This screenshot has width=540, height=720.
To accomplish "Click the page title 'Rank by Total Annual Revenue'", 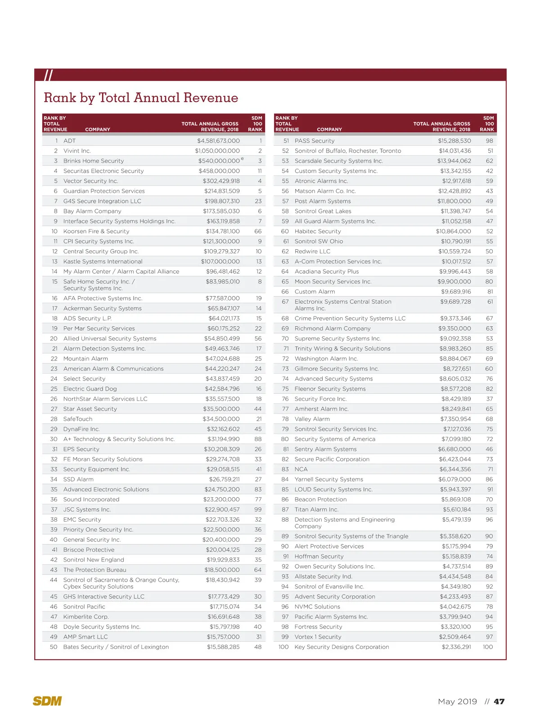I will pyautogui.click(x=141, y=98).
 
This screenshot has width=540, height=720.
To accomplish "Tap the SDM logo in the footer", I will pyautogui.click(x=47, y=701).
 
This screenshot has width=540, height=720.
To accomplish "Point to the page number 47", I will pyautogui.click(x=499, y=702).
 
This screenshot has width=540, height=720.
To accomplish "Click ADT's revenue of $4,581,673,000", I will pyautogui.click(x=218, y=141).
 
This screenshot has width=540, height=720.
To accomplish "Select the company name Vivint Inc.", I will pyautogui.click(x=77, y=151).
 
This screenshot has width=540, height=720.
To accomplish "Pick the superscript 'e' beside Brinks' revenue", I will pyautogui.click(x=243, y=159).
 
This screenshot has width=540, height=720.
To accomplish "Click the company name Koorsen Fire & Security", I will pyautogui.click(x=96, y=231).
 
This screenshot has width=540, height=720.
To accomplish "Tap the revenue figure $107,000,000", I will pyautogui.click(x=220, y=261).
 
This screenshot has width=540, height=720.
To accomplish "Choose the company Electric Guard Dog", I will pyautogui.click(x=90, y=389).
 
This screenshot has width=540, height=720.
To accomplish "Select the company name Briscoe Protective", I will pyautogui.click(x=89, y=550).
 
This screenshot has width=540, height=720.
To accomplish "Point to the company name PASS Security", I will pyautogui.click(x=315, y=141).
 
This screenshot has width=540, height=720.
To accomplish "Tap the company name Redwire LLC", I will pyautogui.click(x=312, y=252).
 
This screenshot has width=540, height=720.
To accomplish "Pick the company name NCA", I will pyautogui.click(x=301, y=469).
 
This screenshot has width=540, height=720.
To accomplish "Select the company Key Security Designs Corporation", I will pyautogui.click(x=342, y=647).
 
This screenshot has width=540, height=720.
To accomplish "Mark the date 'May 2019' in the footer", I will pyautogui.click(x=457, y=702).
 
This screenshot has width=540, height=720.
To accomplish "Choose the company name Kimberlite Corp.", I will pyautogui.click(x=86, y=617).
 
